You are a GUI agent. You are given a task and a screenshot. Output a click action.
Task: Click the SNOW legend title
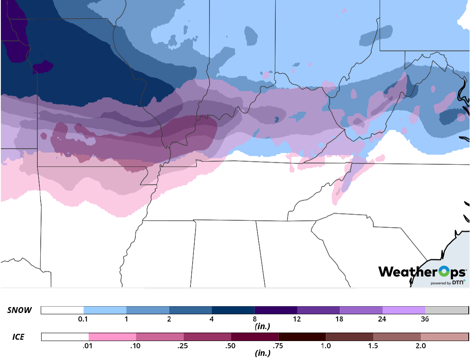(20, 310)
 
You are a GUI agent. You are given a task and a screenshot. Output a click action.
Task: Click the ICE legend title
(18, 337)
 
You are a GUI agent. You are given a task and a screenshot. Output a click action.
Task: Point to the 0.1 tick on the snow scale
(84, 319)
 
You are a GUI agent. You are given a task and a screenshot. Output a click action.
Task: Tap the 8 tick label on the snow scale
(255, 319)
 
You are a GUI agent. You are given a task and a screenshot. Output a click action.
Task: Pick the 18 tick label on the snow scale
(339, 319)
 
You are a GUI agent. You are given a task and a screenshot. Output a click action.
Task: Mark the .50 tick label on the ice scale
(231, 346)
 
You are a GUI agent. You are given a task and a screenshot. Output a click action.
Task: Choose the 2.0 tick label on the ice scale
(420, 346)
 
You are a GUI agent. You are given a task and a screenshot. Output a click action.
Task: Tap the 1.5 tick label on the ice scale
(373, 346)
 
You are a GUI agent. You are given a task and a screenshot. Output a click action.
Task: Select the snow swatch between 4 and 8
(233, 310)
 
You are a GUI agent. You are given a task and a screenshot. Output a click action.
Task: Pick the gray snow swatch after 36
(446, 310)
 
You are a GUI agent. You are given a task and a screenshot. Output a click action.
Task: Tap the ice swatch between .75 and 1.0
(302, 337)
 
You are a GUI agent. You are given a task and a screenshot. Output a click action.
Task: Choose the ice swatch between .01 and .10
(112, 337)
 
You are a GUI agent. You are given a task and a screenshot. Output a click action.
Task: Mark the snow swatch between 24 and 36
(404, 310)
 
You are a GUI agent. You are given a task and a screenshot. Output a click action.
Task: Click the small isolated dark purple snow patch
(42, 67)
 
